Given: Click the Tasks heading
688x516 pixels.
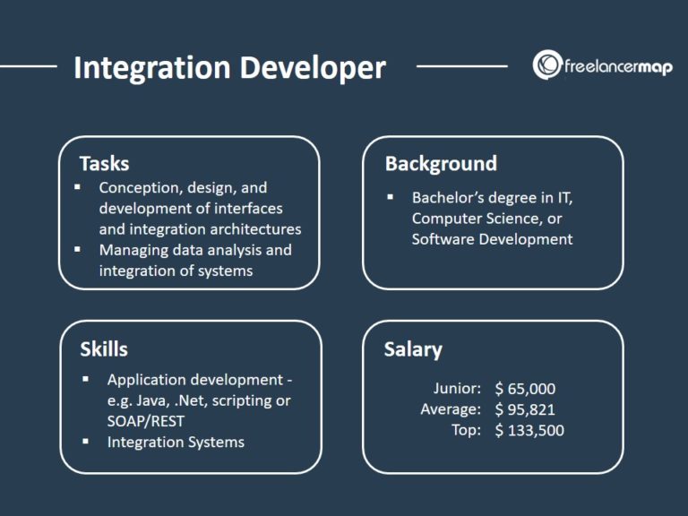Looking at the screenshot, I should coord(104,163).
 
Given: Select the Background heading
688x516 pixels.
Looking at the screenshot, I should coord(440,163).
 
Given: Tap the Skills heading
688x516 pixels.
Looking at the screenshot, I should coord(103,348).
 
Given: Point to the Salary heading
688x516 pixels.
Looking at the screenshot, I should coord(413,349).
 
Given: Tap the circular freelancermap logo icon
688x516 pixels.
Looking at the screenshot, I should coord(546,64).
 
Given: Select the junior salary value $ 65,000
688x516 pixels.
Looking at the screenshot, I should coord(525,389).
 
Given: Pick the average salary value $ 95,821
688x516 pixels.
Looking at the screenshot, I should coord(525,409).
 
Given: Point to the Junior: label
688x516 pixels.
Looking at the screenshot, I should coord(457,389).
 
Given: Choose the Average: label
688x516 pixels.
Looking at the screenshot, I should coord(451,409).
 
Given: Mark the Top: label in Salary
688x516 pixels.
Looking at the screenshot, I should coord(466,430).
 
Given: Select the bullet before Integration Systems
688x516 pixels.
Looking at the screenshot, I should coord(86,441).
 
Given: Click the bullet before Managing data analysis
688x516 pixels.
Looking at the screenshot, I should coord(78,248).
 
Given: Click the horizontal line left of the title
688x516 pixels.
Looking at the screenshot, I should coord(29,65).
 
